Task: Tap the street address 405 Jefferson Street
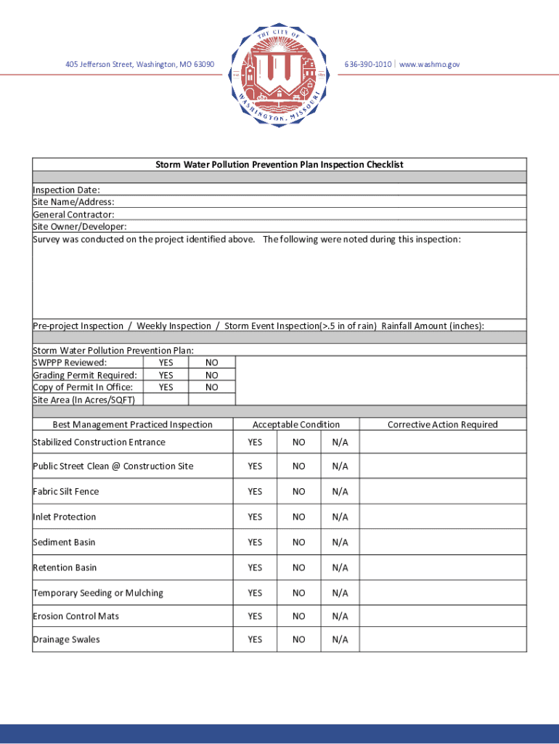139,65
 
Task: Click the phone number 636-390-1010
368,65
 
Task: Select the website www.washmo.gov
429,65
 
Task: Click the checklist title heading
279,165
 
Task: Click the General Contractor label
73,214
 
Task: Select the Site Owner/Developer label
75,227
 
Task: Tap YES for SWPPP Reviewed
166,363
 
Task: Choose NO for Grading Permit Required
211,375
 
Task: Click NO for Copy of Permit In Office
211,387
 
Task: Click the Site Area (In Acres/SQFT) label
83,400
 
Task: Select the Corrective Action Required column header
442,424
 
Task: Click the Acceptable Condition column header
295,424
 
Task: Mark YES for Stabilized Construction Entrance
255,442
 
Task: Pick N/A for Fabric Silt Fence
340,492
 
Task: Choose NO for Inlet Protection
299,517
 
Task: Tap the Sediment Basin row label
64,542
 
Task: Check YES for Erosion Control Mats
255,616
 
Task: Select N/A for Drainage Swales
340,639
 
